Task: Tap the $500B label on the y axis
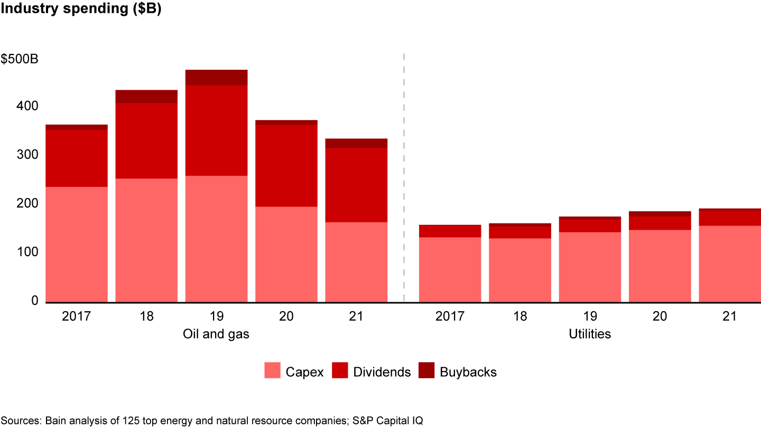(20, 59)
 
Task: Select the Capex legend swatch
(272, 371)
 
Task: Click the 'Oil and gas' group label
(216, 334)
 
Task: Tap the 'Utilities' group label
(590, 334)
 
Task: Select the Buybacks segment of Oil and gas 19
(216, 78)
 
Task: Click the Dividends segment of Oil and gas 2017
(77, 158)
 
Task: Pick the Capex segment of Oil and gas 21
(356, 262)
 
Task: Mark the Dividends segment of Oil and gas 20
(286, 165)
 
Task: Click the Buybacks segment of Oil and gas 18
(146, 97)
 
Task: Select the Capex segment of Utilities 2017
(450, 269)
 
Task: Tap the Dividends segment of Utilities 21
(729, 218)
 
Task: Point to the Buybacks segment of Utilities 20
(660, 214)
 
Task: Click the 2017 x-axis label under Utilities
(450, 317)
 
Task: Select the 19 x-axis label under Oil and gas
(216, 317)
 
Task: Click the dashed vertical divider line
(404, 180)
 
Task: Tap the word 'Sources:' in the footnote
(22, 420)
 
